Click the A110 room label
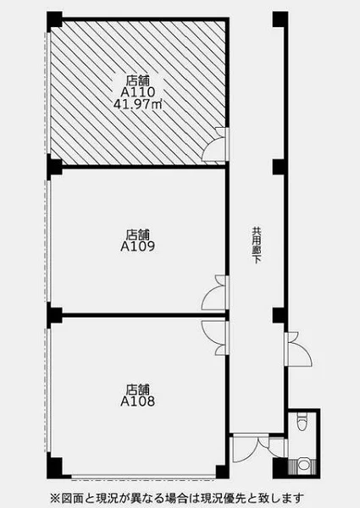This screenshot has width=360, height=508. [138, 92]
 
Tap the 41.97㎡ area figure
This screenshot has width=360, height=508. [138, 104]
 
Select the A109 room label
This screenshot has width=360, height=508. [138, 246]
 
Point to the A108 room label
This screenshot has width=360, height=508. [138, 401]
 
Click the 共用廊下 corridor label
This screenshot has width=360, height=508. [257, 246]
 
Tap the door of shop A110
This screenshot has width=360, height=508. [215, 145]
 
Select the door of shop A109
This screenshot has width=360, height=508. [215, 293]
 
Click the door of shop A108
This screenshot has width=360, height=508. [215, 338]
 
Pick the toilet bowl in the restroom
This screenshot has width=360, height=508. [302, 421]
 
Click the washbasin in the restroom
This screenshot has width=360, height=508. [303, 465]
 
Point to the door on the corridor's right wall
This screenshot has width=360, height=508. [298, 349]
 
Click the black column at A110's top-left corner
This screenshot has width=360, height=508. [54, 19]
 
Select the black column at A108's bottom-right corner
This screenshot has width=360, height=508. [222, 472]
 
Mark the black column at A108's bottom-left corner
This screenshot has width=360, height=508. [54, 466]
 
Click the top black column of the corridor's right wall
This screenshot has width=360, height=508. [280, 19]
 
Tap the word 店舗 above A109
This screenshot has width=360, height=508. [138, 234]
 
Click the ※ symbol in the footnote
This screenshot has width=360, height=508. [54, 497]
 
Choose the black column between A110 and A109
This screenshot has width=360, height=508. [54, 165]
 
